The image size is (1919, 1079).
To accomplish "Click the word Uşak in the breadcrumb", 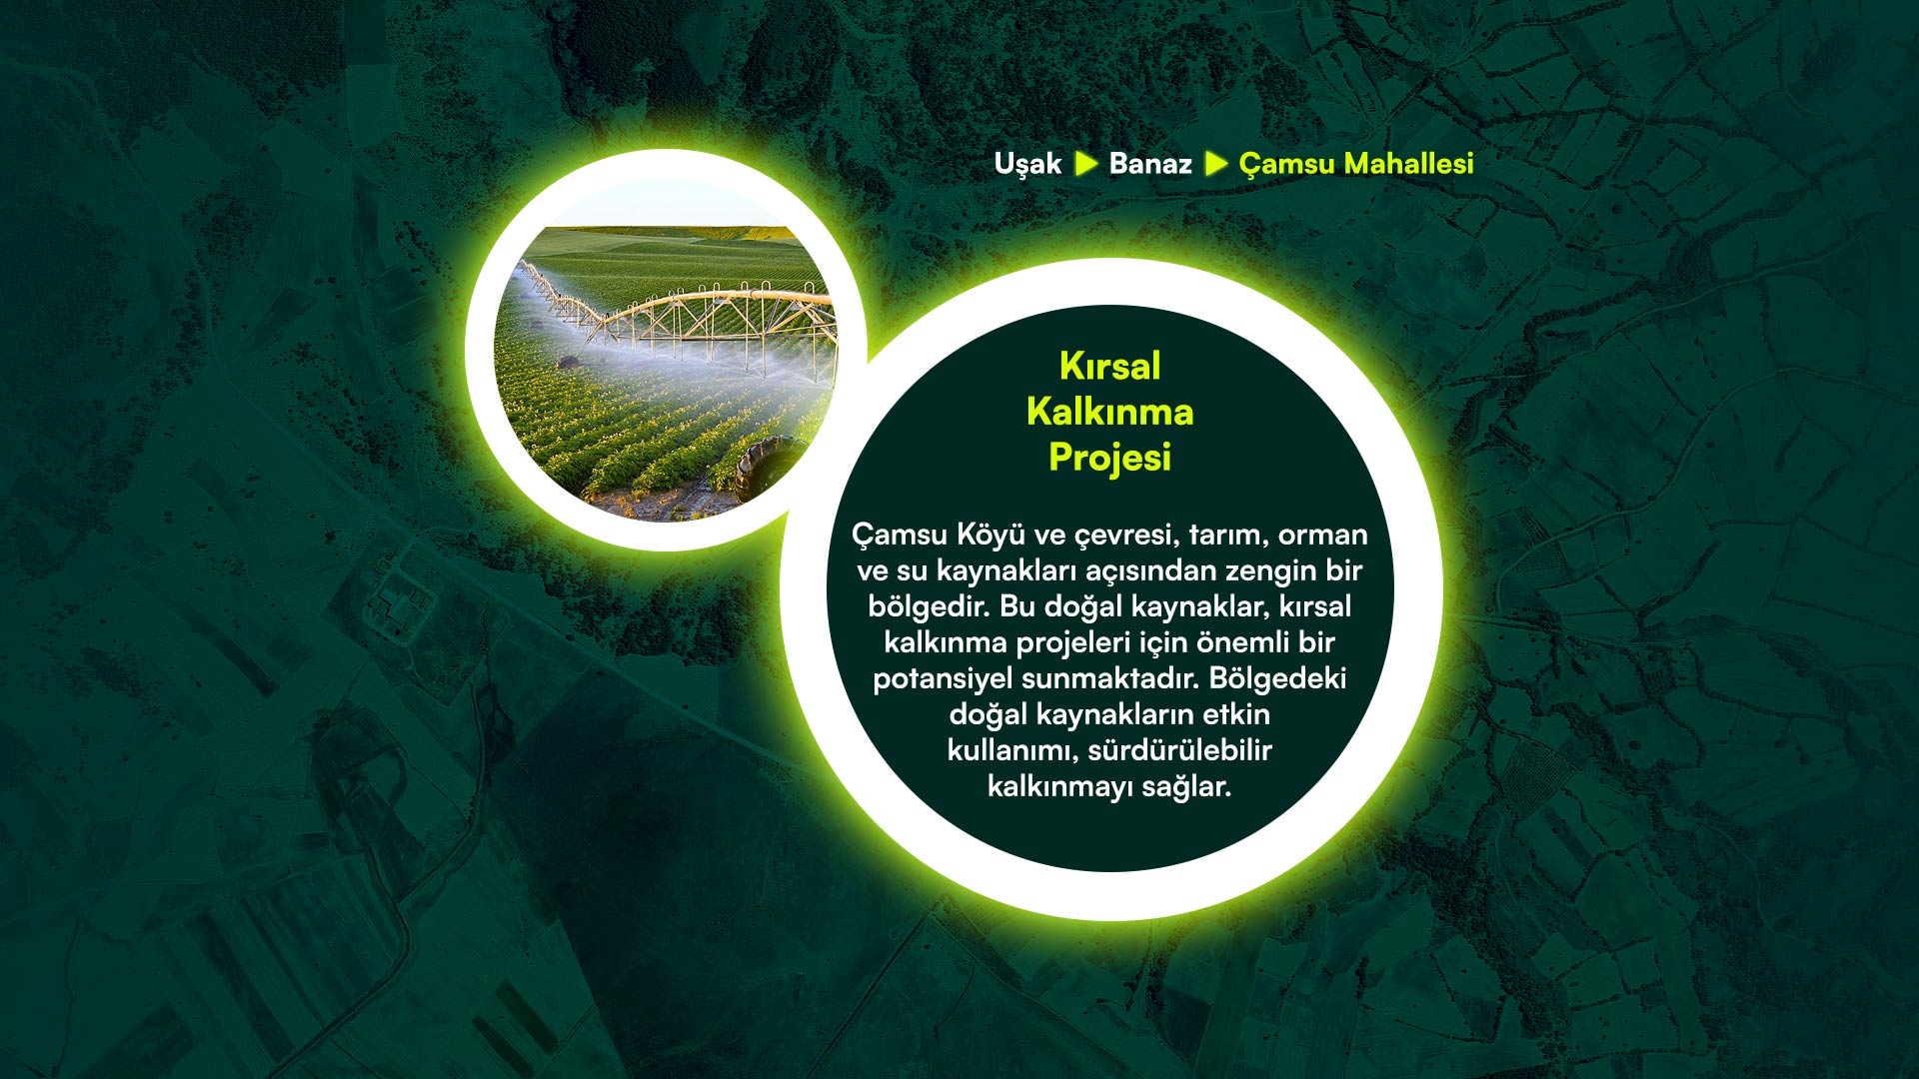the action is tap(1027, 165).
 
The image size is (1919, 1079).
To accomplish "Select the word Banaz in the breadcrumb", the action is tap(1150, 164).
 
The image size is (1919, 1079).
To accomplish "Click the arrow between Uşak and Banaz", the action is tap(1086, 164).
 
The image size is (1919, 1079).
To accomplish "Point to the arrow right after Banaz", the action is tap(1216, 164).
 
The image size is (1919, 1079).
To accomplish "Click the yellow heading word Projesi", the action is tap(1109, 458).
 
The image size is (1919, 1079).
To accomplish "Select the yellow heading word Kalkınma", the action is tap(1109, 412).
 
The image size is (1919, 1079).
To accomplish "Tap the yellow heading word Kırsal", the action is tap(1109, 366).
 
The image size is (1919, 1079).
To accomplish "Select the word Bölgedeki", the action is tap(1277, 679).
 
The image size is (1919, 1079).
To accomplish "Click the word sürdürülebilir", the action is tap(1180, 750).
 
